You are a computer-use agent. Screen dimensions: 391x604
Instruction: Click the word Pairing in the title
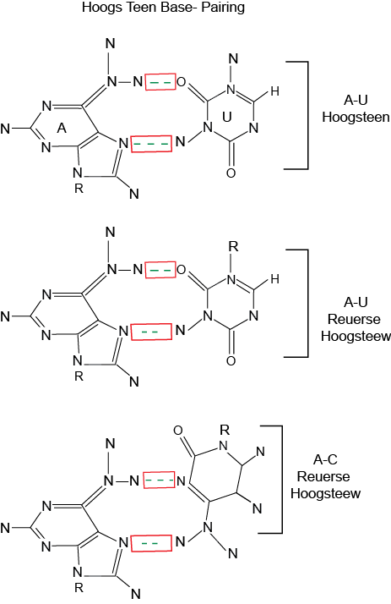(x=225, y=8)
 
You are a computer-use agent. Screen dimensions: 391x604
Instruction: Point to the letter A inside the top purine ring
(x=62, y=128)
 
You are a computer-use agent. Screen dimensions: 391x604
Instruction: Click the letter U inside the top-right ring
(x=227, y=117)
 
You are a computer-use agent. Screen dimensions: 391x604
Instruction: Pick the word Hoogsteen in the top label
(x=356, y=117)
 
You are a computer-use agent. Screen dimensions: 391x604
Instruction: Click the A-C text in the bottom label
(x=325, y=459)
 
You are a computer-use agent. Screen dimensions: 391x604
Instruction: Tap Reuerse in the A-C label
(x=323, y=476)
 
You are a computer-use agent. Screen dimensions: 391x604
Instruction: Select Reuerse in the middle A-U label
(x=354, y=319)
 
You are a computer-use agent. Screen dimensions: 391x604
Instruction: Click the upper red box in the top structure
(x=160, y=82)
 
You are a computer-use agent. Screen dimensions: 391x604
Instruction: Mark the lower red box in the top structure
(x=151, y=144)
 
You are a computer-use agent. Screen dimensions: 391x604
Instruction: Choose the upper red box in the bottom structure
(x=159, y=480)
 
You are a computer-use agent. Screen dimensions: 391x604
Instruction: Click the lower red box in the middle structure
(x=151, y=332)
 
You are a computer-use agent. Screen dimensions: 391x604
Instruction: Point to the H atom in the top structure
(x=274, y=91)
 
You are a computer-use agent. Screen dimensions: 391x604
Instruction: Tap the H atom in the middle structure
(x=274, y=279)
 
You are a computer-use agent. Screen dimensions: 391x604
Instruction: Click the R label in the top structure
(x=79, y=189)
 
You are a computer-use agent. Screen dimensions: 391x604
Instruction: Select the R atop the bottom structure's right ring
(x=225, y=429)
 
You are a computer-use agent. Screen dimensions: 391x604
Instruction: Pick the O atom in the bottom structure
(x=178, y=431)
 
